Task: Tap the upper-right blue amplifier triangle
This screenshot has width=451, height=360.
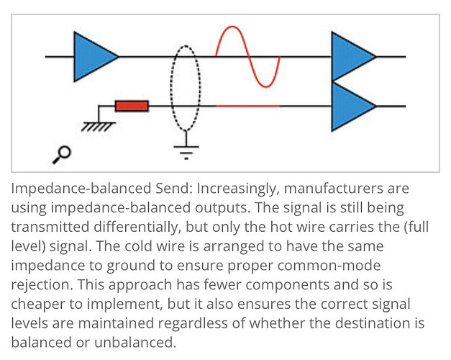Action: click(x=350, y=56)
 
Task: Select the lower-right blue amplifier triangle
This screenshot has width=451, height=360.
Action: click(x=350, y=106)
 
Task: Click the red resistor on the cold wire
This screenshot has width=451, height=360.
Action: click(x=132, y=106)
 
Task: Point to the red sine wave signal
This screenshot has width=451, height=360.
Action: click(x=248, y=56)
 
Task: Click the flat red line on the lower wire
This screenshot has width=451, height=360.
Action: click(x=248, y=106)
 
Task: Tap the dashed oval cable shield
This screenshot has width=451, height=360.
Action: click(x=186, y=86)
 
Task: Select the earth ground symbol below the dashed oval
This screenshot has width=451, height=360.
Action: click(x=186, y=150)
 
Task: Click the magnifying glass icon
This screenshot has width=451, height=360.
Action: click(x=63, y=153)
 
